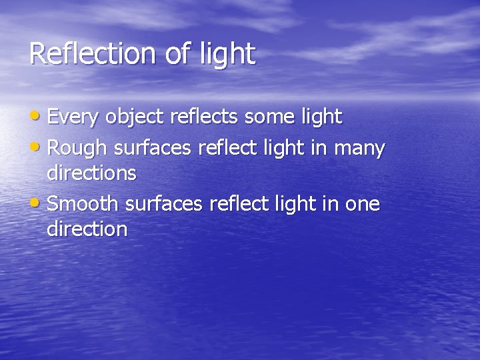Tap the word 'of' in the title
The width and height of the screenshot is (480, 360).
coord(177,53)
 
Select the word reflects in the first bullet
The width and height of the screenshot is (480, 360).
coord(205,117)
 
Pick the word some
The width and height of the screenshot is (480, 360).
coord(270,117)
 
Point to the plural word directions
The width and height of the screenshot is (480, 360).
coord(92,173)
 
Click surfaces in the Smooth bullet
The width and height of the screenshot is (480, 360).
coord(173,203)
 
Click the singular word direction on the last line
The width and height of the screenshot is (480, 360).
coord(87,229)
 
